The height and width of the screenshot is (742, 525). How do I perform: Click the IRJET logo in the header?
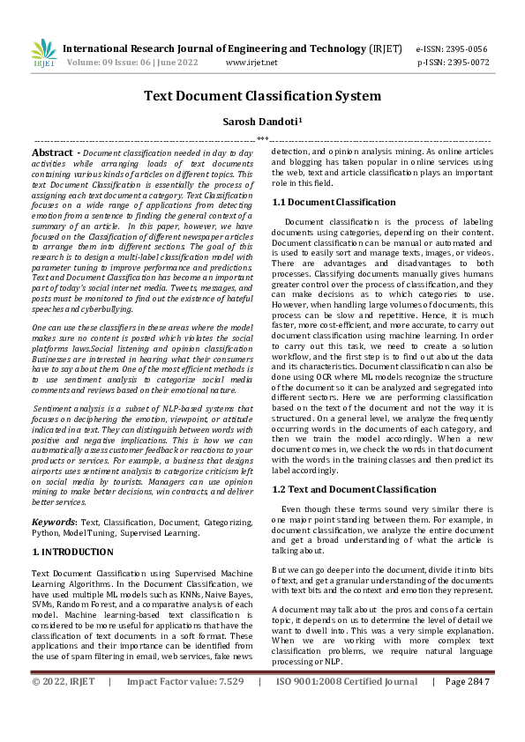(43, 55)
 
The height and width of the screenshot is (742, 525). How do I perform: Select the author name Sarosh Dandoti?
(262, 121)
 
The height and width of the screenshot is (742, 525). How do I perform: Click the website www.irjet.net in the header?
(251, 63)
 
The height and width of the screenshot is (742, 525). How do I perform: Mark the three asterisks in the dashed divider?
(262, 139)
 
